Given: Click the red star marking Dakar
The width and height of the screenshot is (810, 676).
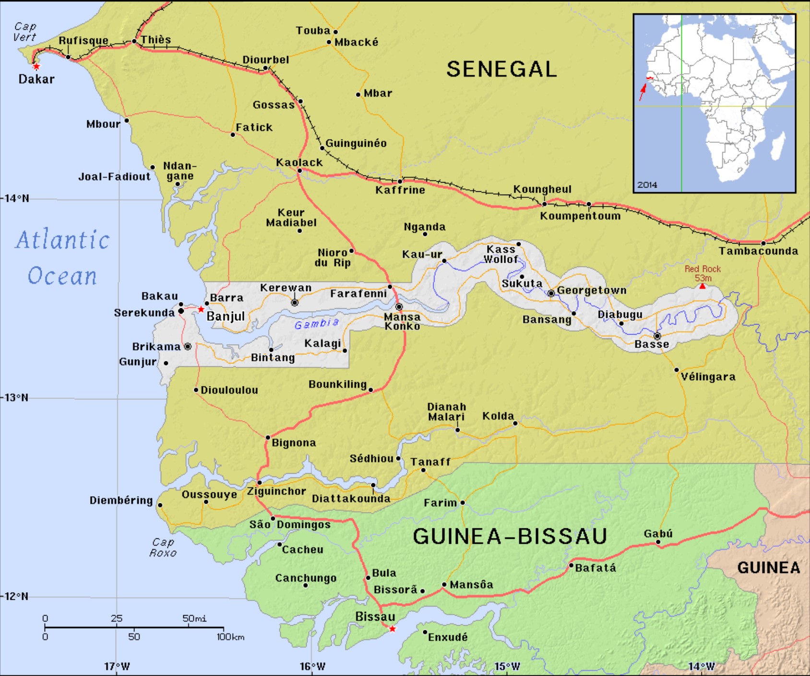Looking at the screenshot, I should (36, 67).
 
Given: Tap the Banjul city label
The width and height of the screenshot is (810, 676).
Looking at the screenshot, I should (225, 316).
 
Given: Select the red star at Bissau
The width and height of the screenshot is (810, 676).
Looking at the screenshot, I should (392, 629).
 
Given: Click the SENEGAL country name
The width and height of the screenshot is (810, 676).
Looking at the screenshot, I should (501, 70).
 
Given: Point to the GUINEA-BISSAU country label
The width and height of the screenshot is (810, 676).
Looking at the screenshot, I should (510, 536).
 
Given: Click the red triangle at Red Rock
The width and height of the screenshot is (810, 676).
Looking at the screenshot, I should (702, 286).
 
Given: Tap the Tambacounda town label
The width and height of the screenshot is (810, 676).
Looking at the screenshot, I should (758, 251).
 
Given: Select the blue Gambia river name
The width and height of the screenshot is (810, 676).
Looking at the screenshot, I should (316, 324).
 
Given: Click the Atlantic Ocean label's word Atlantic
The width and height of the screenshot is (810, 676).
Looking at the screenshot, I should (62, 240).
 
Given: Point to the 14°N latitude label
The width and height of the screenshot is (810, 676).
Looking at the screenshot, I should (17, 198).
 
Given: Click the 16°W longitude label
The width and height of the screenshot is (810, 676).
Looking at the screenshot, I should (312, 666).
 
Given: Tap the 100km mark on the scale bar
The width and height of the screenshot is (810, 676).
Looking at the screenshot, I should (230, 637).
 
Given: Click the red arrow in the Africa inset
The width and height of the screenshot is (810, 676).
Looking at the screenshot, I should (642, 92).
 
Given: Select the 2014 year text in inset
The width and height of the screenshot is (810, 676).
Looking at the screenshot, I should (647, 185).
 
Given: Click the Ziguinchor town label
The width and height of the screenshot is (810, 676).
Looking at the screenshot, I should (276, 491).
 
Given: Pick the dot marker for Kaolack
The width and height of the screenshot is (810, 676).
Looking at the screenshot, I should (299, 171).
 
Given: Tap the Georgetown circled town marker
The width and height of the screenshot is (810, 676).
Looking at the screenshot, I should (551, 293).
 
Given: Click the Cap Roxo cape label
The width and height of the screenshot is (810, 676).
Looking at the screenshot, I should (163, 548).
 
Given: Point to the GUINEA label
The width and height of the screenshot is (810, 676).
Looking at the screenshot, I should (768, 568).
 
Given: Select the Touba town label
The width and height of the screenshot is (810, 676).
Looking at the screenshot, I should (313, 31).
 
